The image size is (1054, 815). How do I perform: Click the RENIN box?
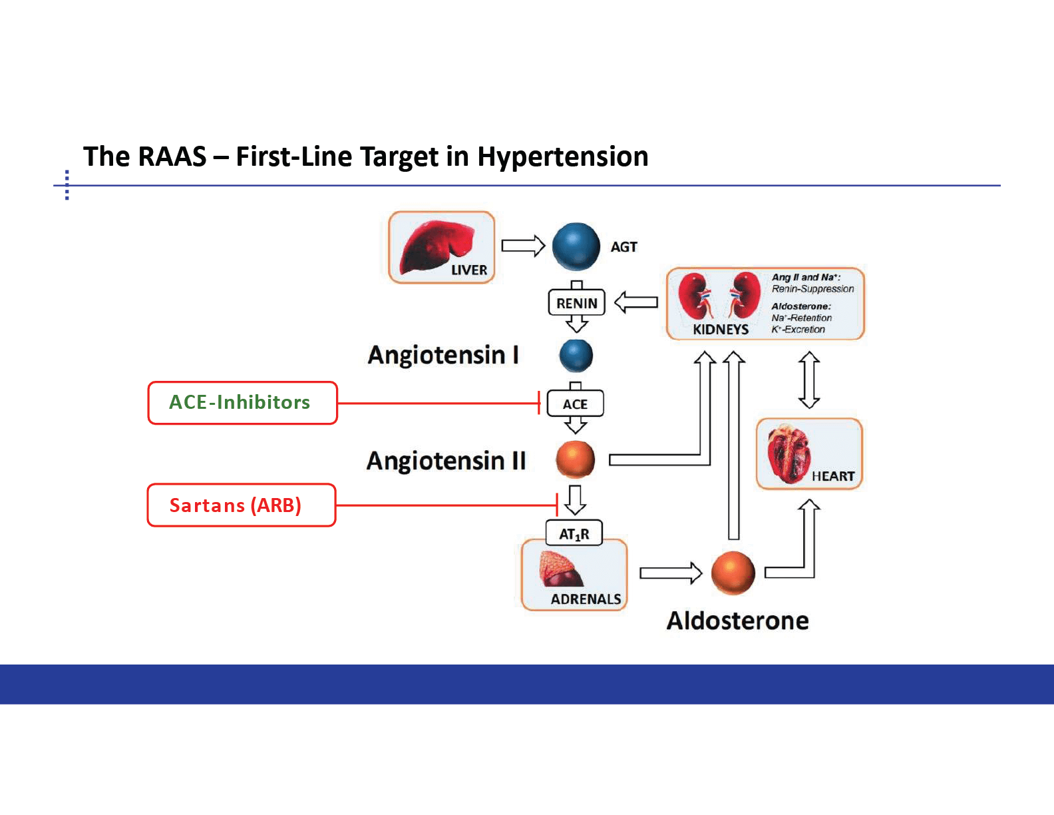point(577,303)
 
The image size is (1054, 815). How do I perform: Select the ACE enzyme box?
point(576,404)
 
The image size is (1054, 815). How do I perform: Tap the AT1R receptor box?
point(574,533)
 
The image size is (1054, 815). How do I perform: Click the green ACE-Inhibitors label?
point(240,402)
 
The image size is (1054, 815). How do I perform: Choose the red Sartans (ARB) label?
point(236,505)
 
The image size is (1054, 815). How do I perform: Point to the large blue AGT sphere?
point(576,246)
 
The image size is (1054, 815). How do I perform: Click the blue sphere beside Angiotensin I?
point(576,356)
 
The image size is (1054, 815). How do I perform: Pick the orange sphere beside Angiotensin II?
point(576,459)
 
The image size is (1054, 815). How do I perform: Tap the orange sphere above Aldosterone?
point(733,573)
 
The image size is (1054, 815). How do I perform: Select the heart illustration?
point(789,454)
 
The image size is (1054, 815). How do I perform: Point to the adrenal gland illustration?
point(560,569)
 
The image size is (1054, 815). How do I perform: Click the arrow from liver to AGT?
point(523,246)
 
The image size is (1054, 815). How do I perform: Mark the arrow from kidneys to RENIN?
point(636,303)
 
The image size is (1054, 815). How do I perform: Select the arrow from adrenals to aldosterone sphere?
point(671,573)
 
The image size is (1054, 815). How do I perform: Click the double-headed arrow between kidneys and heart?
point(809,380)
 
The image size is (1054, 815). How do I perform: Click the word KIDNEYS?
point(721,330)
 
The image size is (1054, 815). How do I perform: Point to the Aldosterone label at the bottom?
point(738,621)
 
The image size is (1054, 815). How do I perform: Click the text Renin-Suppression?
point(813,289)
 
